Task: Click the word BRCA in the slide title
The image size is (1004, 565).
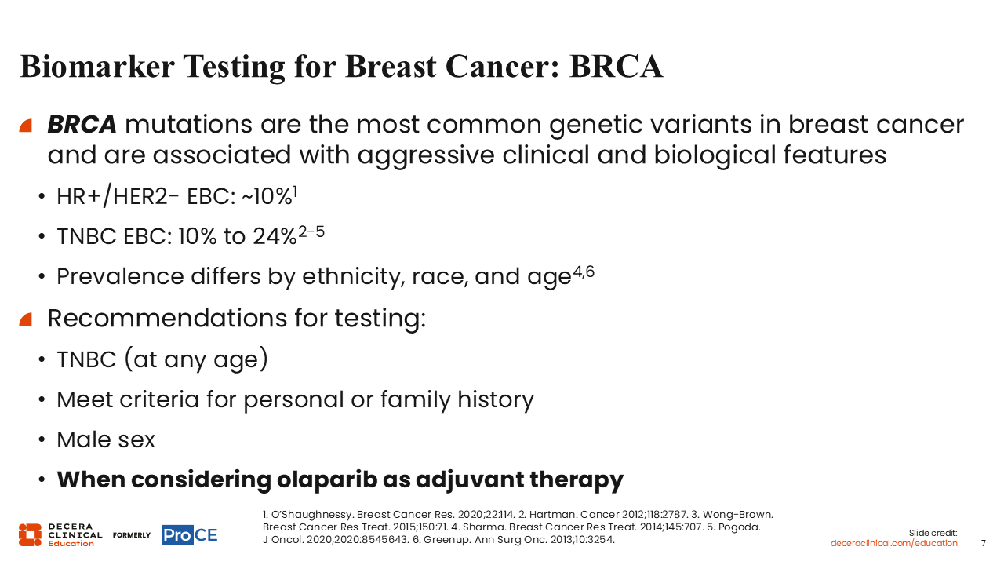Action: click(616, 67)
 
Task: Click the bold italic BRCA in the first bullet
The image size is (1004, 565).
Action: click(82, 125)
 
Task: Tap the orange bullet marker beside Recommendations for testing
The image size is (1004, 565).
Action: click(26, 319)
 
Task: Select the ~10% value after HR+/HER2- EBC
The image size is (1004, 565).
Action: click(267, 197)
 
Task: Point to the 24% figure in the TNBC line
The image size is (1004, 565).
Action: click(275, 236)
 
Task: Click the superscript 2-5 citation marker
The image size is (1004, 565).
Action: click(311, 231)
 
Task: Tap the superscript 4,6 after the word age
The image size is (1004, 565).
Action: click(584, 272)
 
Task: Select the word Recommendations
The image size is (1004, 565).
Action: click(167, 318)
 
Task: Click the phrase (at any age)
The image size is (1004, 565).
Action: click(196, 359)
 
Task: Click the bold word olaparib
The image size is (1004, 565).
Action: click(327, 479)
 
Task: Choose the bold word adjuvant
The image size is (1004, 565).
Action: click(469, 479)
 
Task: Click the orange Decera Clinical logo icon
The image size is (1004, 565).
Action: click(30, 535)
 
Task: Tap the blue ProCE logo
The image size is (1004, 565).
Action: click(190, 535)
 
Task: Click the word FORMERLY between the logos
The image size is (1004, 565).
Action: click(131, 535)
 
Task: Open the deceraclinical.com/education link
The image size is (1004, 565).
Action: click(893, 543)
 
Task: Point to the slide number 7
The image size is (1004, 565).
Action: click(984, 543)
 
